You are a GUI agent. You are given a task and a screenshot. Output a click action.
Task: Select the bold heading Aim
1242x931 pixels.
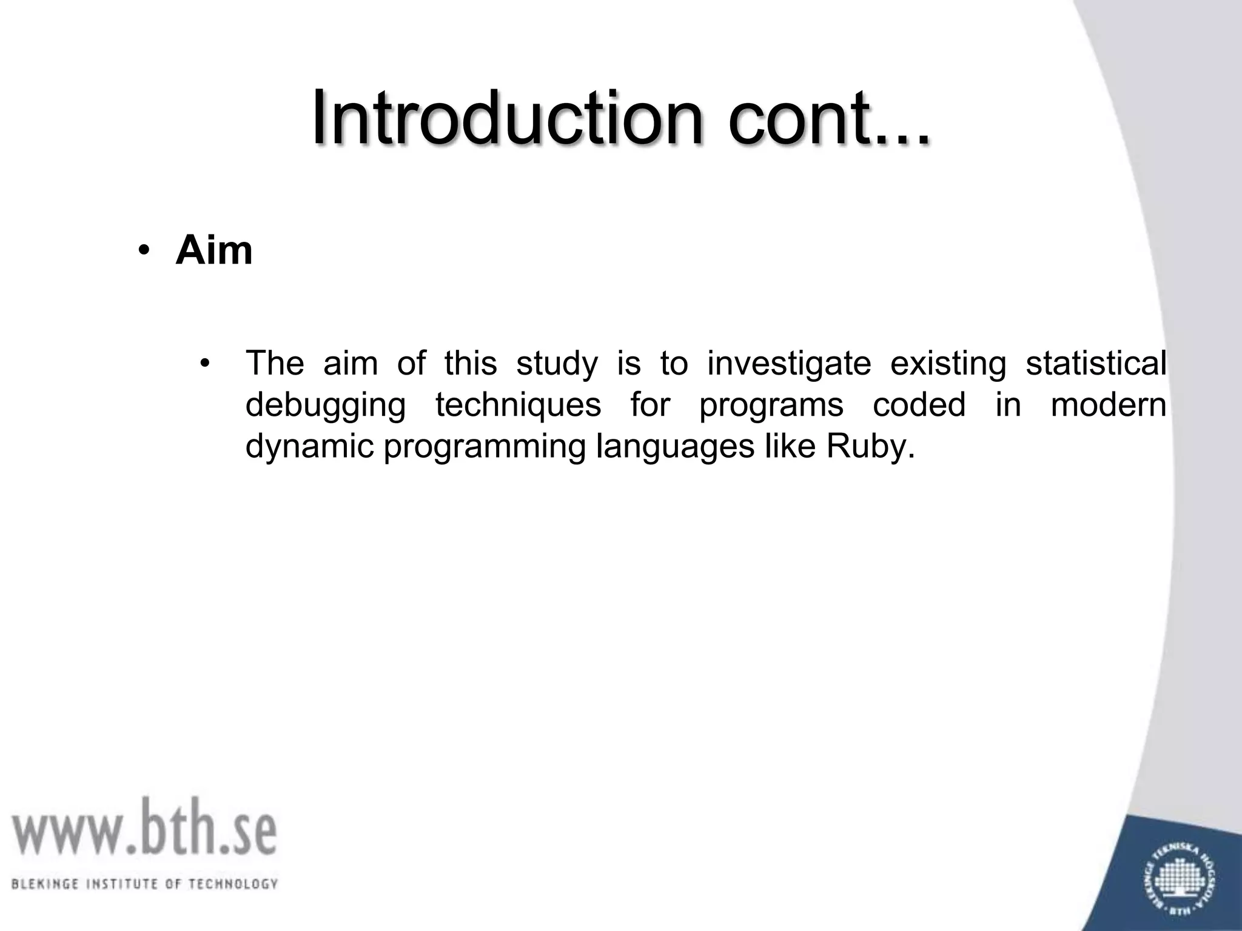coord(213,250)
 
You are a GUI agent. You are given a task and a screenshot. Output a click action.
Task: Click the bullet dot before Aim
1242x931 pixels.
coord(143,251)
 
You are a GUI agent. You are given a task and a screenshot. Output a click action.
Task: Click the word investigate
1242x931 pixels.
coord(789,364)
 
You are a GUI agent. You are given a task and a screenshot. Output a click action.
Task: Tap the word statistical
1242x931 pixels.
coord(1096,363)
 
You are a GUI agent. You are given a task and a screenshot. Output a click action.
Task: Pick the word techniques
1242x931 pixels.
coord(518,405)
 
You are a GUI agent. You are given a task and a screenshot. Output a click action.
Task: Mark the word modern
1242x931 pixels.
coord(1108,405)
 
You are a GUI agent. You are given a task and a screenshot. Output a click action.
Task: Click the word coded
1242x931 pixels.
coord(919,405)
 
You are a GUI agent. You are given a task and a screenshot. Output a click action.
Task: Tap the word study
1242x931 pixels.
coord(556,364)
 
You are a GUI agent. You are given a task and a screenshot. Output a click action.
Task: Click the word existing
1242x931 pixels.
coord(948,364)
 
